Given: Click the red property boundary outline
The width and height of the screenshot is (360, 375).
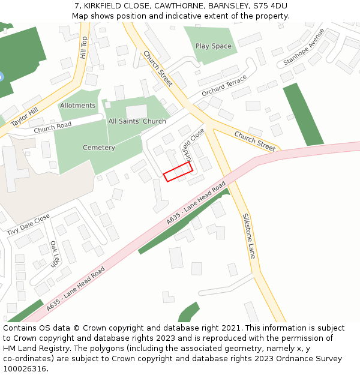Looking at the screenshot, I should [x=178, y=172].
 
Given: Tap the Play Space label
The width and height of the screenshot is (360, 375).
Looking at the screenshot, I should [x=213, y=46].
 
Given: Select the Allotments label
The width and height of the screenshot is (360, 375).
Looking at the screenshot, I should [x=77, y=106].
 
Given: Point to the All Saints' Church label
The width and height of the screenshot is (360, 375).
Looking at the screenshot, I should [x=137, y=121].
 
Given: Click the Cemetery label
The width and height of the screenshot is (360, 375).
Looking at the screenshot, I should [x=99, y=148].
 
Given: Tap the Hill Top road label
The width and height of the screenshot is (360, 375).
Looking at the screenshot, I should [x=83, y=49].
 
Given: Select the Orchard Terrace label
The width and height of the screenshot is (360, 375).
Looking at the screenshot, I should [x=224, y=86].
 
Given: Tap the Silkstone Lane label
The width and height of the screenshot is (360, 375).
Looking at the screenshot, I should [x=250, y=236].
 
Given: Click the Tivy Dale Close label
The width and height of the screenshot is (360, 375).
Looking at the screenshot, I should [x=28, y=225].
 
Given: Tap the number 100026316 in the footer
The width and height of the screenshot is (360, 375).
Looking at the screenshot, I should [x=25, y=369].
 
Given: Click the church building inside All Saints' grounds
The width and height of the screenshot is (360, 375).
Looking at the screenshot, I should [x=136, y=112].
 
